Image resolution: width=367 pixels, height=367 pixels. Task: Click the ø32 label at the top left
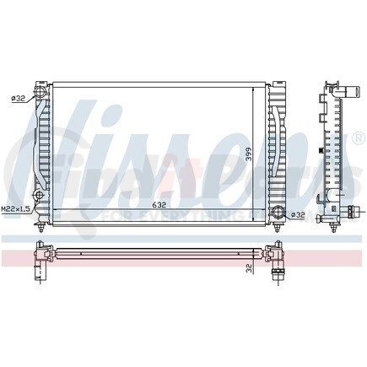18,98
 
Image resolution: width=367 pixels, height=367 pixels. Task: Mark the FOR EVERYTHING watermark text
169,218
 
